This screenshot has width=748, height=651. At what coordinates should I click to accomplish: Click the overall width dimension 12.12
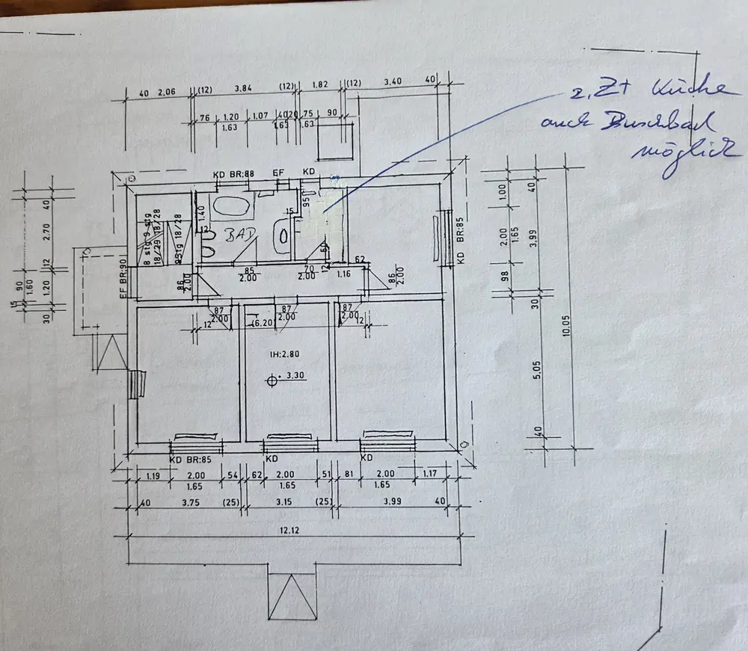click(280, 530)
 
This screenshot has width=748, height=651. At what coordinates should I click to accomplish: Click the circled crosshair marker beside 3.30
click(271, 381)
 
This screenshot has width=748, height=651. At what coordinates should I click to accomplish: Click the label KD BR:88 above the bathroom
click(233, 174)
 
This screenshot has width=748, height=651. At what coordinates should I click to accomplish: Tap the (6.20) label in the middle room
click(261, 323)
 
